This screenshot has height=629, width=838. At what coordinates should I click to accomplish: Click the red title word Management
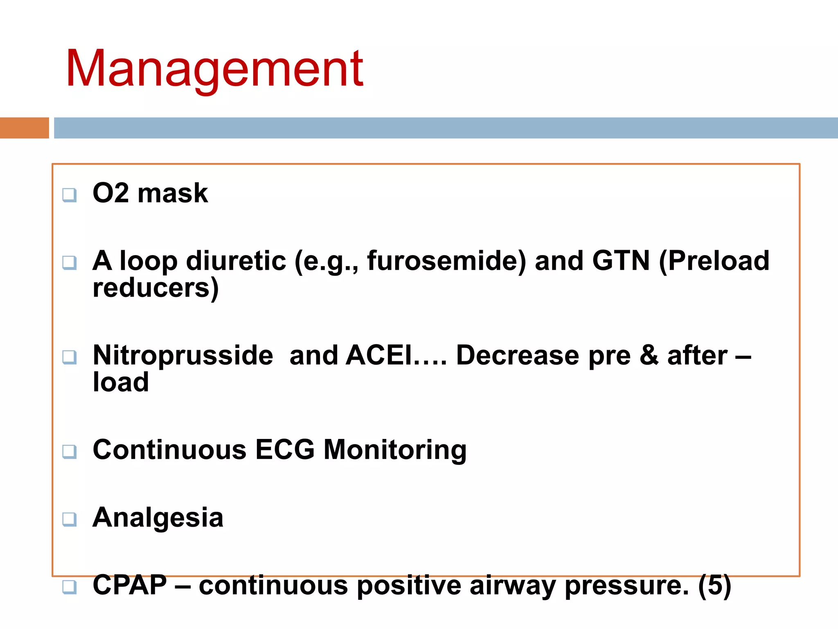click(214, 69)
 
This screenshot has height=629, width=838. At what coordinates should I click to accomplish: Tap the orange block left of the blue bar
click(24, 128)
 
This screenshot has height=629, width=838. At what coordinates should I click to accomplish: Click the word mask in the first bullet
click(173, 193)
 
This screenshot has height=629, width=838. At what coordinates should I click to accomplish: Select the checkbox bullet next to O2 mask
click(69, 195)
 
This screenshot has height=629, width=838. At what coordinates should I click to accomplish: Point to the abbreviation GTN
click(621, 261)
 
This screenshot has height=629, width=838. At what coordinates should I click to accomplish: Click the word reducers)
click(156, 288)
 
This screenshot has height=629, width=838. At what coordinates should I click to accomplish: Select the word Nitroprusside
click(183, 355)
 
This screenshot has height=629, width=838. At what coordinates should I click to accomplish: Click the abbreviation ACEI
click(378, 355)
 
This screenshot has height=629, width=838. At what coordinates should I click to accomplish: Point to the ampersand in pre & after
click(649, 355)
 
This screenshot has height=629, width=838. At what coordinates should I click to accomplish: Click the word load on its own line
click(121, 382)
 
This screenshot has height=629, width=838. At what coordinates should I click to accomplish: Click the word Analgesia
click(158, 518)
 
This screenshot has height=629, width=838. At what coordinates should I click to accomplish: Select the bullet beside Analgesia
click(69, 519)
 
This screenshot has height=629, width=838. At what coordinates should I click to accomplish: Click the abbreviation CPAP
click(130, 585)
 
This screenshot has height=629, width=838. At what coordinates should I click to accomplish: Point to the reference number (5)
click(714, 586)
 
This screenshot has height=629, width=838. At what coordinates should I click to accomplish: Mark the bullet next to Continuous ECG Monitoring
click(69, 452)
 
